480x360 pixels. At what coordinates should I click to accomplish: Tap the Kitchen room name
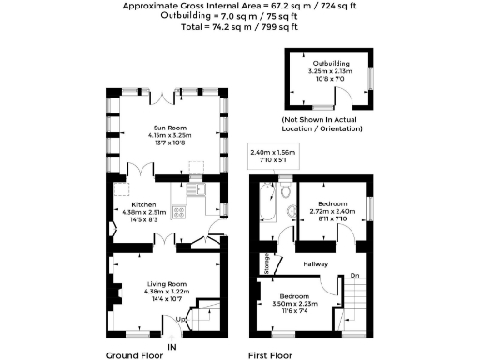click(x=142, y=203)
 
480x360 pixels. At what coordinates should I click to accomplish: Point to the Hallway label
click(x=314, y=264)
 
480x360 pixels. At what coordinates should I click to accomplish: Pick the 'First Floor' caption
click(x=270, y=355)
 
